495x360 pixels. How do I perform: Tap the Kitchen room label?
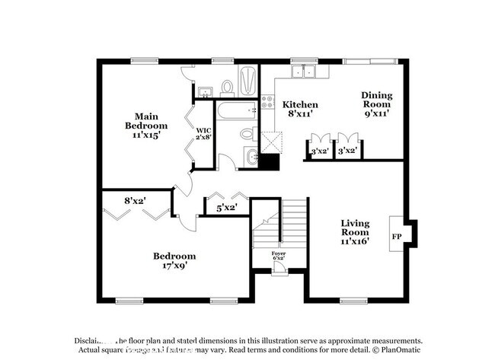300,104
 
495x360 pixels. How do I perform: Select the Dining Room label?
376,99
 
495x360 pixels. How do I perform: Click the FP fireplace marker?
397,237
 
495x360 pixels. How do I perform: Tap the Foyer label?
279,253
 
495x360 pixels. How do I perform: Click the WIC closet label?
203,130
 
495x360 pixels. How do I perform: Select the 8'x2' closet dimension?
136,201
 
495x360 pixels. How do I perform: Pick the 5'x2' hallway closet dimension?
227,206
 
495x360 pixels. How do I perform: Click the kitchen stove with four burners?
267,103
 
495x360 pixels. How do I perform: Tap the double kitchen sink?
308,72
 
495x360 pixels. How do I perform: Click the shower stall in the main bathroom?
248,81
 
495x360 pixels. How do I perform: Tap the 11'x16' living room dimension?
354,241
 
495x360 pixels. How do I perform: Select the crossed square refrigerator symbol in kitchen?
270,142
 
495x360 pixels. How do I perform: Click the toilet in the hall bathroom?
247,134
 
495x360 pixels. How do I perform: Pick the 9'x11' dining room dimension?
376,113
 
